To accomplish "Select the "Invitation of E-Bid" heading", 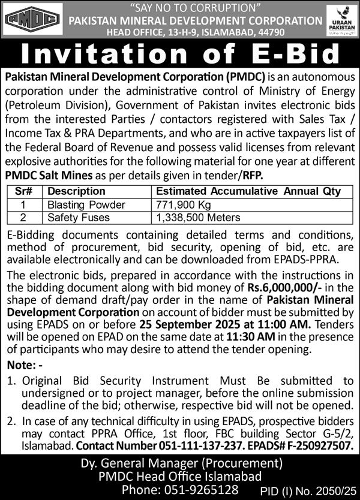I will [180, 56].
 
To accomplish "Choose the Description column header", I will [76, 192].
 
